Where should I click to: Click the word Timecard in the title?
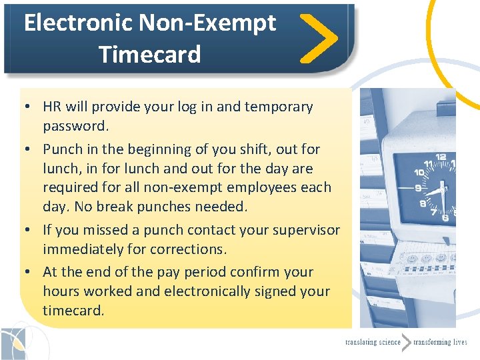pos(150,53)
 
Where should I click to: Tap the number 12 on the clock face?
pos(441,157)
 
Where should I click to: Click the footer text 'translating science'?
pos(373,342)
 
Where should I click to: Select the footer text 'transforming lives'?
pos(440,342)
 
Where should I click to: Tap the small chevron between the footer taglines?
pos(406,342)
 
